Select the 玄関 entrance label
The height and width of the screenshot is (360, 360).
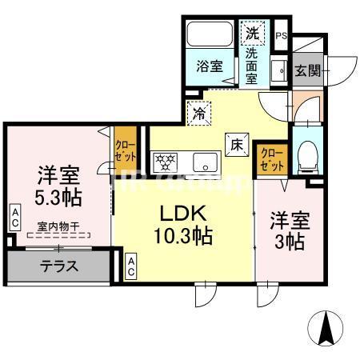(307, 70)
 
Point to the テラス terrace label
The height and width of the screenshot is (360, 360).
(58, 266)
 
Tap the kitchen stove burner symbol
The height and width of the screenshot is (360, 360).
(165, 162)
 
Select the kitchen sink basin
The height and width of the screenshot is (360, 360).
(204, 162)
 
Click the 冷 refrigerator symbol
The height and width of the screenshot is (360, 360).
(198, 114)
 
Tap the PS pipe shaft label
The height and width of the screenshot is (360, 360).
(281, 34)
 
